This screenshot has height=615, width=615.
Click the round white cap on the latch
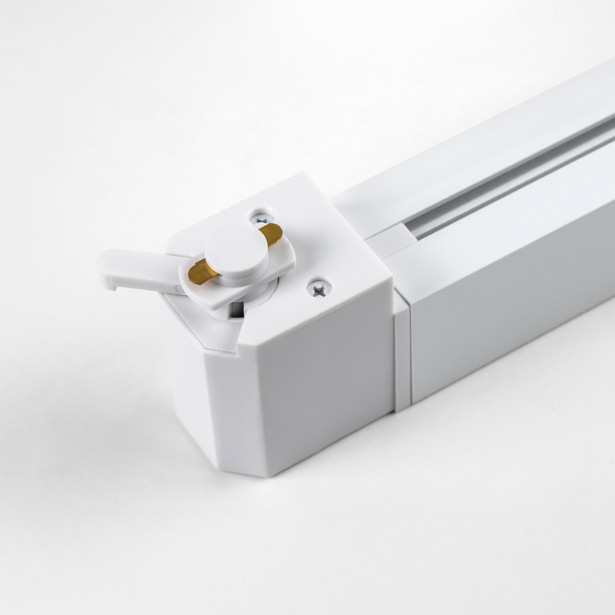236,249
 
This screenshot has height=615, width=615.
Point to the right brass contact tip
272,232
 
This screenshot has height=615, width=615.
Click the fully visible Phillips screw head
319,287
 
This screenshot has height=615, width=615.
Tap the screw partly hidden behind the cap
261,218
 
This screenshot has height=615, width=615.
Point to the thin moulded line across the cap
237,237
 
